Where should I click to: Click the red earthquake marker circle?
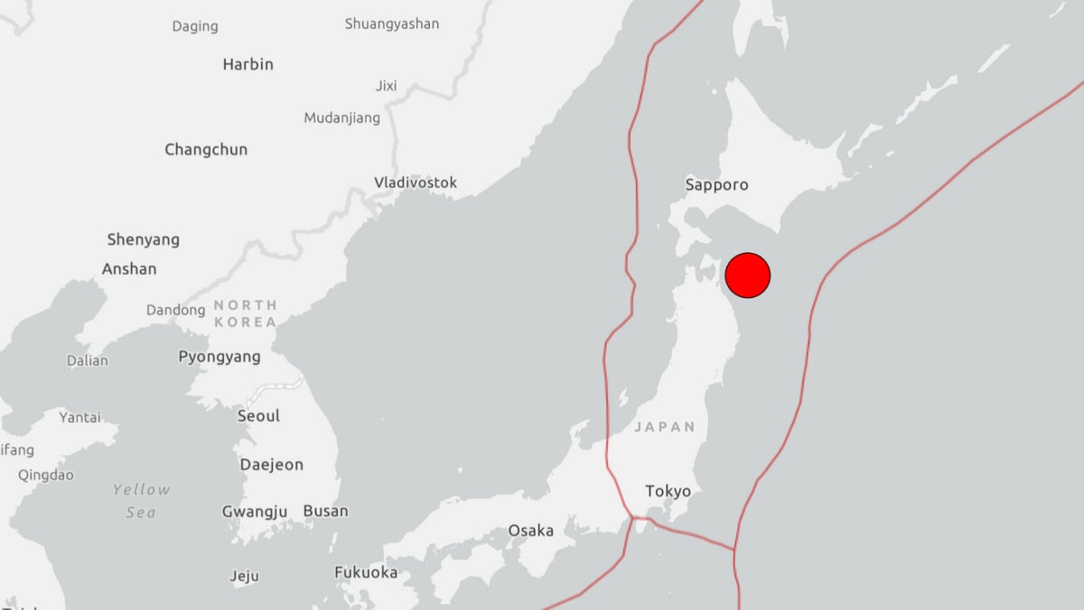point(748,275)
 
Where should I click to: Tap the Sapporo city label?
point(716,184)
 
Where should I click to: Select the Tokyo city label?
point(668,492)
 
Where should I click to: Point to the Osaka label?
point(530,530)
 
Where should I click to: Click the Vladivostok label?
point(416,183)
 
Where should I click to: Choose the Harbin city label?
point(248,64)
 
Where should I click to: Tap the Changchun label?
point(206,149)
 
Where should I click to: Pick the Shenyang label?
point(143,239)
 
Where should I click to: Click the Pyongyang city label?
point(220,357)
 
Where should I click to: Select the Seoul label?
point(258,416)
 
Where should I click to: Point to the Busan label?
point(325,511)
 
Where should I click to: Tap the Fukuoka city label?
point(366,572)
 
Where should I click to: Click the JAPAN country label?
point(665,427)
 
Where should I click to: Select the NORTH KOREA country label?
point(246,314)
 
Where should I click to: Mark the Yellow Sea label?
point(141,501)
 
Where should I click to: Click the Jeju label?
point(244,576)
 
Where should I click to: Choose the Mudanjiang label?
point(341,117)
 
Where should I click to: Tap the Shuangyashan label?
point(392,23)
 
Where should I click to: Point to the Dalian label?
point(87,361)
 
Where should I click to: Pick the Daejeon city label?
point(271,465)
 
